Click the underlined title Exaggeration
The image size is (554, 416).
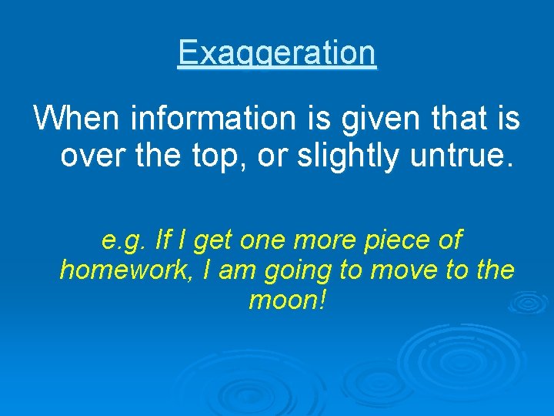pos(277,54)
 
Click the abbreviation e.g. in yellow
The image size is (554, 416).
pos(124,241)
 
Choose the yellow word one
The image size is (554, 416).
pos(261,241)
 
